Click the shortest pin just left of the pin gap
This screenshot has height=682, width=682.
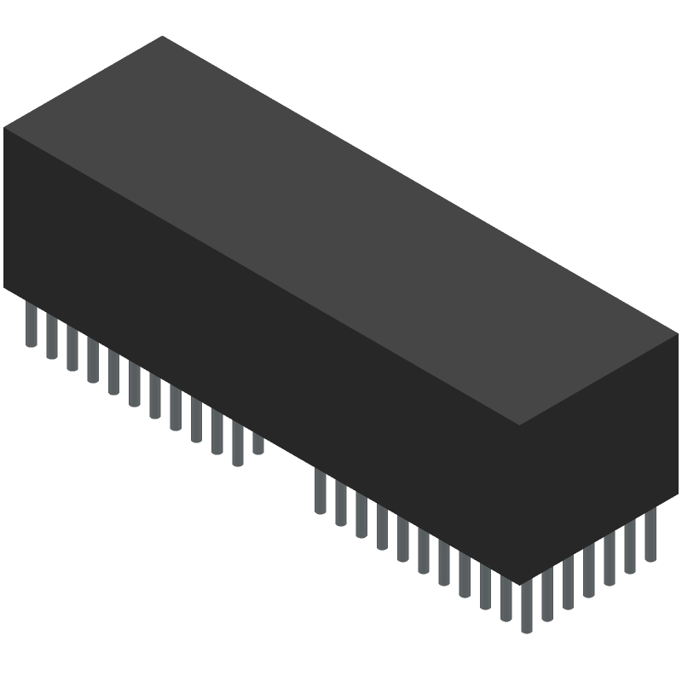click(x=257, y=443)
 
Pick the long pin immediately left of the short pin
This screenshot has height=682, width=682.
click(x=237, y=446)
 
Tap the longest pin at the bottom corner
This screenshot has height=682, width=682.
click(x=525, y=607)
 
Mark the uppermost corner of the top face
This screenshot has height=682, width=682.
click(x=162, y=37)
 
